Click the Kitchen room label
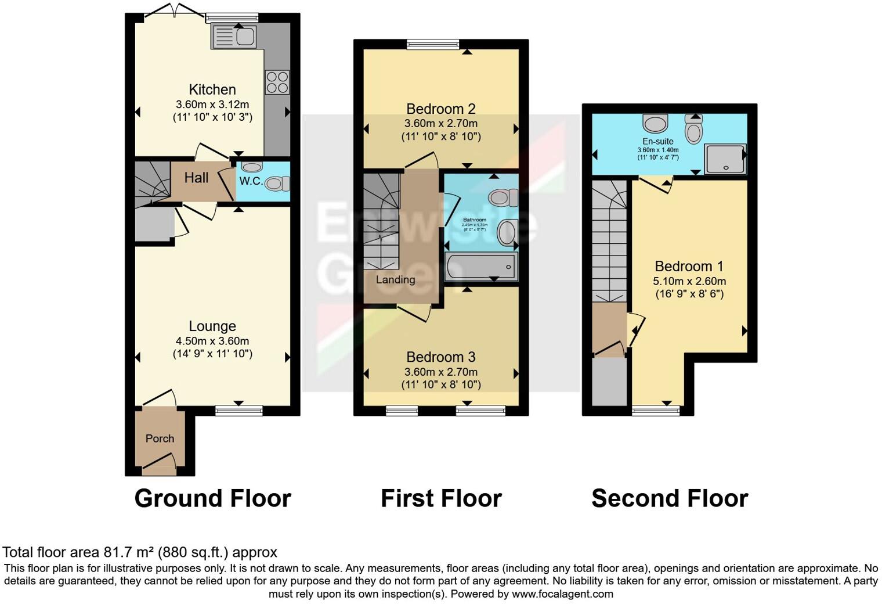click(212, 89)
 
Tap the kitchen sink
click(234, 37)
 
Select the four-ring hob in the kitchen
click(277, 82)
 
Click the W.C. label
click(251, 181)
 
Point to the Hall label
click(196, 178)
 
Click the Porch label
click(160, 438)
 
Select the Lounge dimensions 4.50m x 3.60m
click(212, 341)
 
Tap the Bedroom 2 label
click(441, 109)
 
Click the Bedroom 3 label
click(441, 357)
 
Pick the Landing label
click(395, 279)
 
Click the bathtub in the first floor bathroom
click(480, 267)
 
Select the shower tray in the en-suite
click(725, 159)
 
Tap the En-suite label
click(658, 141)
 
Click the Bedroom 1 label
click(689, 267)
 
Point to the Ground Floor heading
click(212, 498)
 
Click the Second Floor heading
click(670, 498)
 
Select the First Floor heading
click(441, 498)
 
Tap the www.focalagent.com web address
click(562, 594)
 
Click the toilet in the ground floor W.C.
click(277, 184)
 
